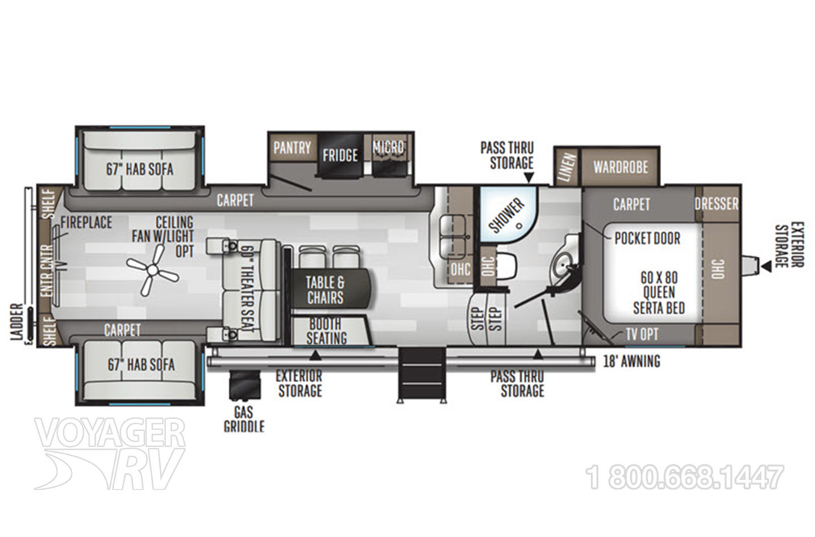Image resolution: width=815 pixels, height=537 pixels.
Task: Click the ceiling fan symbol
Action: coord(152,270)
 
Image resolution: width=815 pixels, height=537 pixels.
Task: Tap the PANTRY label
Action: coord(292,148)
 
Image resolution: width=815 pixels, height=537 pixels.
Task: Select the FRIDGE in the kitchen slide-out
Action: coord(340,155)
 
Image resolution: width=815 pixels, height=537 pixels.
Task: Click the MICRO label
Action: coord(389,147)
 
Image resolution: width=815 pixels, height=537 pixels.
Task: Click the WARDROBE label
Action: coord(621,168)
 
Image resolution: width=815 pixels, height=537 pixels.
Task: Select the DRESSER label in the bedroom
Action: coord(717,203)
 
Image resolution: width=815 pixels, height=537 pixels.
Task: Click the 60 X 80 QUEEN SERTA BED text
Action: coord(659,293)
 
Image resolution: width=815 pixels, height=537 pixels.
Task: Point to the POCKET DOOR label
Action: coord(647,238)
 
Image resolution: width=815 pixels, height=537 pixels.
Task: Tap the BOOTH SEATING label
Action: coord(327,331)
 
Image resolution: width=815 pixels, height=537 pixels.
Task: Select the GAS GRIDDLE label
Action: coord(244,419)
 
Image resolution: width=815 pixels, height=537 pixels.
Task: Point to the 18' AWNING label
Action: coord(632,361)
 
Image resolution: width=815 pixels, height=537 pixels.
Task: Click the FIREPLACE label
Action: coord(86,223)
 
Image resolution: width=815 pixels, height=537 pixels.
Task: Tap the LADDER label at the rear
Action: coord(17,322)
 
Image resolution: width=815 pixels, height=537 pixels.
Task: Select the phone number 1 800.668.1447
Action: coord(685,477)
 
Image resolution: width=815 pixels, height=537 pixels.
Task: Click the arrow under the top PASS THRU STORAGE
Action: coord(529,178)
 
